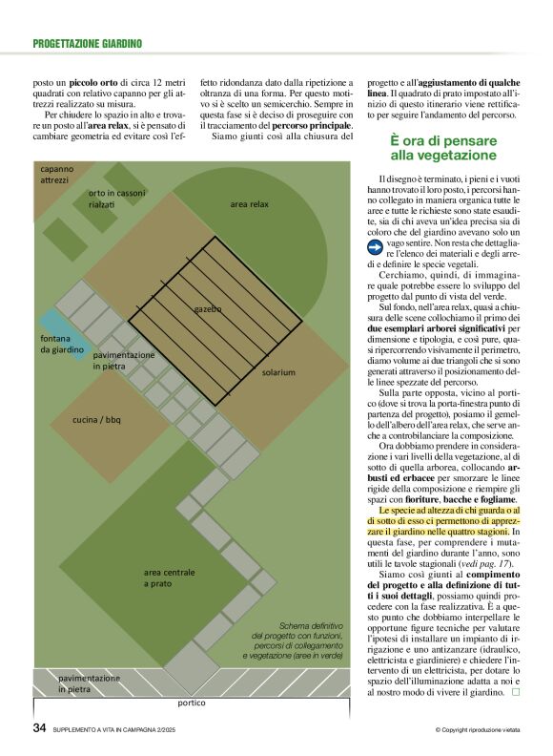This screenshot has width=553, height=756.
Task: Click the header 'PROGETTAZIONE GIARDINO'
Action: click(x=87, y=43)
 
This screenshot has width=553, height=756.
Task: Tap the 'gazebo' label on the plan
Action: click(x=208, y=309)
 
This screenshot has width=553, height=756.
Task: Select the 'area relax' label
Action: click(x=250, y=204)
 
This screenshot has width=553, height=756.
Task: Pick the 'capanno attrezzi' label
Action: click(x=56, y=174)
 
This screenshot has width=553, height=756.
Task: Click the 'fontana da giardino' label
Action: click(x=62, y=344)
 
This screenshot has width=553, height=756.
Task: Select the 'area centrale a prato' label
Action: click(x=170, y=577)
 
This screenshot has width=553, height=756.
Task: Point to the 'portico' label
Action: click(x=192, y=703)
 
